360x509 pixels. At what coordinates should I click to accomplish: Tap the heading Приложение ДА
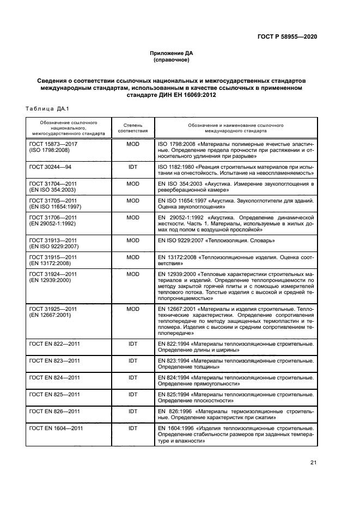click(x=172, y=53)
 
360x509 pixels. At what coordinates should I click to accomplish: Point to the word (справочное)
click(x=172, y=60)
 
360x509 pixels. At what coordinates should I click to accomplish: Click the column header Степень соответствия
click(x=133, y=128)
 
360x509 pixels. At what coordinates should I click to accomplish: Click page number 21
click(x=313, y=463)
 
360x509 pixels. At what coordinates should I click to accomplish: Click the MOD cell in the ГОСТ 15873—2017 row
click(x=133, y=143)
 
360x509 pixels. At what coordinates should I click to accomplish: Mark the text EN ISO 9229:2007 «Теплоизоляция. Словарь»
click(x=216, y=240)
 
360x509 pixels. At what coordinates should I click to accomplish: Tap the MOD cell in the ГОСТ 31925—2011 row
click(x=133, y=309)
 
